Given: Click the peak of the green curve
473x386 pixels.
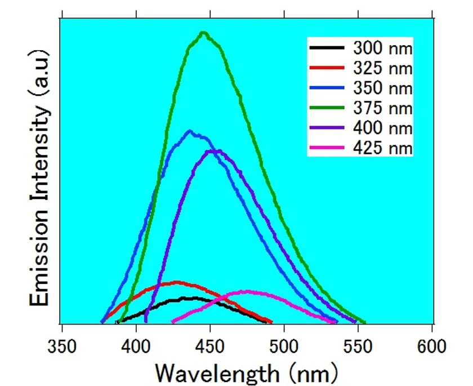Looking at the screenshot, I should pos(203,33).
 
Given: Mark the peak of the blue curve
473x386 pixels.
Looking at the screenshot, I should pos(190,131).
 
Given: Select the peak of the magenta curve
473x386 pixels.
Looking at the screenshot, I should pos(248,291).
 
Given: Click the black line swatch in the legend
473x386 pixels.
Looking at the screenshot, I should pos(327,48).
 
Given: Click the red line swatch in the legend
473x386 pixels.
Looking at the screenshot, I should pos(327,69).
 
